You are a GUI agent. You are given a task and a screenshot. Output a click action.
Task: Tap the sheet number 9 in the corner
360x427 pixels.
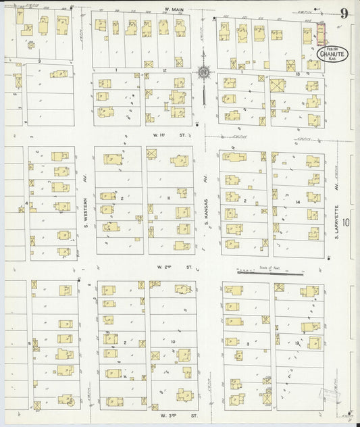344,13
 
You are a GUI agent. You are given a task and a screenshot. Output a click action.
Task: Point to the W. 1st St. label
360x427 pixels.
160,135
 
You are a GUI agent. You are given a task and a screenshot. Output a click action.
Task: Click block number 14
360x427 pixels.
297,202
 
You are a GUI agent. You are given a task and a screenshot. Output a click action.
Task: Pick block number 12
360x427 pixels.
164,70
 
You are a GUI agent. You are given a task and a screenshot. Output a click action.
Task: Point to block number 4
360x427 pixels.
26,203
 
